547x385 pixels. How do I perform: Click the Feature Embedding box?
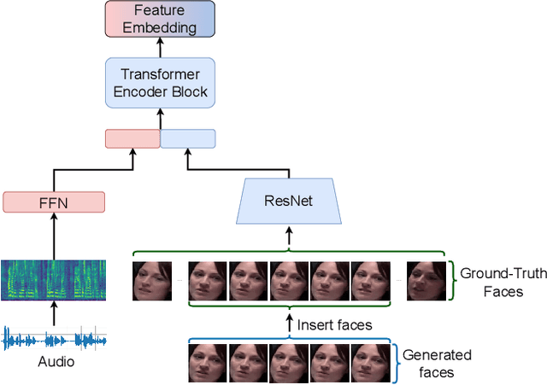click(x=160, y=19)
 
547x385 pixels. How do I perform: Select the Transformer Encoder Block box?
click(x=160, y=83)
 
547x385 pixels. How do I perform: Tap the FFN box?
click(x=54, y=202)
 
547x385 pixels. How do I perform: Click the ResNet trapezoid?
click(x=288, y=202)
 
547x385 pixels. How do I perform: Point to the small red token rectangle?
click(x=132, y=138)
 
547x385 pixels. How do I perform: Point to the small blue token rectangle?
click(x=188, y=138)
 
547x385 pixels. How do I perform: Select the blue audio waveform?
click(x=54, y=339)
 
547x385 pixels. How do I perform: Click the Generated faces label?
click(x=436, y=364)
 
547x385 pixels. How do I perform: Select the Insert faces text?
click(x=334, y=324)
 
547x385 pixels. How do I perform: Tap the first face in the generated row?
click(x=207, y=362)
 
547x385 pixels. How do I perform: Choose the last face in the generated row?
click(x=370, y=362)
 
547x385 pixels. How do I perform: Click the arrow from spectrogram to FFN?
click(x=54, y=236)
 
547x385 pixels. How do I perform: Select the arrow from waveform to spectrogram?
click(x=54, y=315)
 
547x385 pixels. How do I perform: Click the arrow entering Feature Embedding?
click(x=160, y=46)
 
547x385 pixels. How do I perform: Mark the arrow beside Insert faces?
click(x=288, y=324)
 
